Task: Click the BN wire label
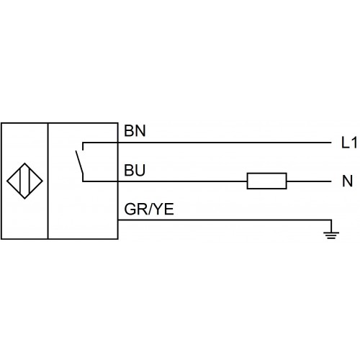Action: tap(135, 131)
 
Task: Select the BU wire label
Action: tap(135, 171)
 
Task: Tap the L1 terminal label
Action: tap(349, 143)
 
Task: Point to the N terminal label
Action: tap(348, 181)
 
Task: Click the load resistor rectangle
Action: tap(267, 181)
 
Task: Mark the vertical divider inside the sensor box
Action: tap(48, 181)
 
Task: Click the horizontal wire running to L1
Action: tap(207, 143)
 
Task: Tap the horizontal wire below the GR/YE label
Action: tap(225, 220)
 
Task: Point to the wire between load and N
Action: tap(309, 181)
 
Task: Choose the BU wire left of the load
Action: tap(165, 181)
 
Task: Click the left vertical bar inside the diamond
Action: tap(21, 181)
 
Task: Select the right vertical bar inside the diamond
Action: tap(29, 181)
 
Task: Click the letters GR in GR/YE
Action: tap(135, 209)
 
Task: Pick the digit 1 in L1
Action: tap(354, 143)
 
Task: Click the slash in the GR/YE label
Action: tap(150, 209)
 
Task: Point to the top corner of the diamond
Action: tap(24, 163)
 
